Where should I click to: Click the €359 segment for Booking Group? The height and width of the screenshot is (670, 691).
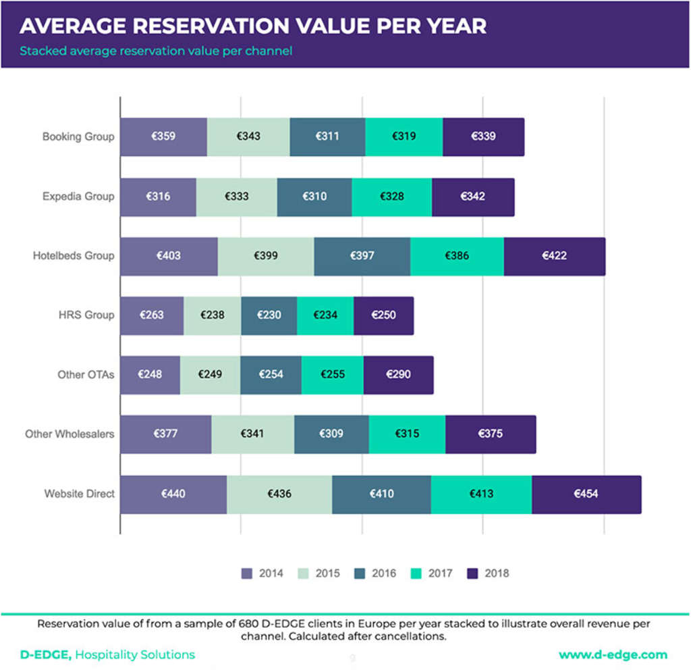point(163,136)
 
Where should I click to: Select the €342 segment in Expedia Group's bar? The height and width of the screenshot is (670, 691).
point(472,197)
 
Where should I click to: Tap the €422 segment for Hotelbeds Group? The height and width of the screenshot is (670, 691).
point(554,256)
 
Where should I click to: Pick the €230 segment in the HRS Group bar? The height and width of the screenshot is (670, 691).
point(269,315)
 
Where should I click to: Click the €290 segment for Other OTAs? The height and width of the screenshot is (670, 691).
point(398,375)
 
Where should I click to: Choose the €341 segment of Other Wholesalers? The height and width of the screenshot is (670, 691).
point(252,434)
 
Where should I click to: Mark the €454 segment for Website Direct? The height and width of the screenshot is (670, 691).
point(586,494)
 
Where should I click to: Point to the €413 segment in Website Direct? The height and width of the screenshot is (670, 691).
point(481,494)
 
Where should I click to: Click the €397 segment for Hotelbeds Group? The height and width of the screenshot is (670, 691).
point(362,256)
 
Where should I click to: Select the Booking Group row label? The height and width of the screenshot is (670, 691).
point(78,136)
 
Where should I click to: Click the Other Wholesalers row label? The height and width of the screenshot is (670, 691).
point(70,434)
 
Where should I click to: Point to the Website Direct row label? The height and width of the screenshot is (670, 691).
point(79,494)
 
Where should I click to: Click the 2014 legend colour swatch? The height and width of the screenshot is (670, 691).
point(247,573)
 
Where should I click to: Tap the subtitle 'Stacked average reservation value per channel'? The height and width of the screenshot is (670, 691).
point(156,51)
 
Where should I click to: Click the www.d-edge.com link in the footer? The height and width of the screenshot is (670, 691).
point(613,654)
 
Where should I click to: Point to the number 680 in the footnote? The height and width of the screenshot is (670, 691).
point(251,623)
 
